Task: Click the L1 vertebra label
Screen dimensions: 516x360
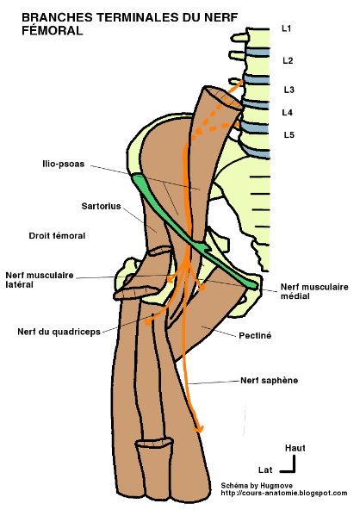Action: tap(287, 29)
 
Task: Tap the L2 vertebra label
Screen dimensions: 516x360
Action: tap(288, 60)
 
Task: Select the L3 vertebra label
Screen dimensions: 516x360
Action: tap(289, 90)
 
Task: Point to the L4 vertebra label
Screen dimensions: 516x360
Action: tap(288, 112)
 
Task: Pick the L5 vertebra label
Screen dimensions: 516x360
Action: tap(289, 135)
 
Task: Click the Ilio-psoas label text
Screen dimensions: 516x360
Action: tap(65, 163)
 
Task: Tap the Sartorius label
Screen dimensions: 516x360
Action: tap(78, 208)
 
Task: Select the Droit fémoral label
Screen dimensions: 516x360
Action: tap(57, 234)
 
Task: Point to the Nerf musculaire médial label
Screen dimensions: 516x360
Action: tap(313, 290)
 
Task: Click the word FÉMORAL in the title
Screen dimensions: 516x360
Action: tap(51, 30)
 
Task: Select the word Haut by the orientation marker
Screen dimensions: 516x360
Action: tap(295, 448)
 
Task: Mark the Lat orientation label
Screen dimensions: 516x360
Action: tap(267, 469)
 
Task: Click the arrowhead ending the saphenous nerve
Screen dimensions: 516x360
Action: tap(200, 428)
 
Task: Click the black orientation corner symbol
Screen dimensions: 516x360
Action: tap(293, 465)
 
